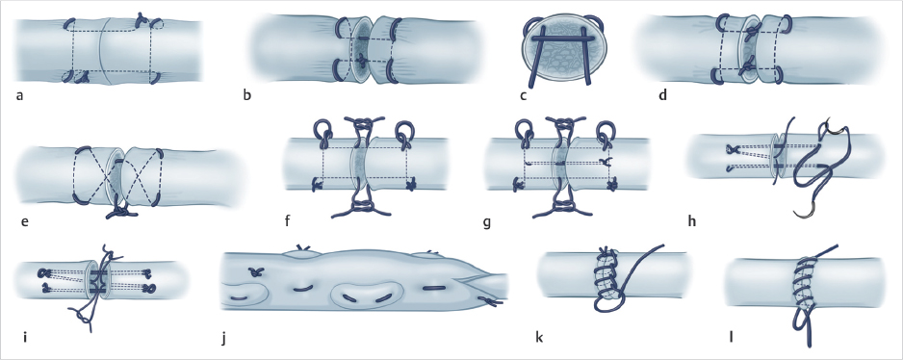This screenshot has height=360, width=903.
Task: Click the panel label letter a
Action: point(19,95)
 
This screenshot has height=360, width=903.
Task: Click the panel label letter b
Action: point(247,94)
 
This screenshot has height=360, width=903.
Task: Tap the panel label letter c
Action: point(523,95)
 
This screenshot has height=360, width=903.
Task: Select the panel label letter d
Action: point(663,94)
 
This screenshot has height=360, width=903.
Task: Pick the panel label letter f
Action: point(287,220)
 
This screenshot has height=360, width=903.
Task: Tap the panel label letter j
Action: point(223,335)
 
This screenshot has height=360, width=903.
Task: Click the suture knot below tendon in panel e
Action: point(120,212)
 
